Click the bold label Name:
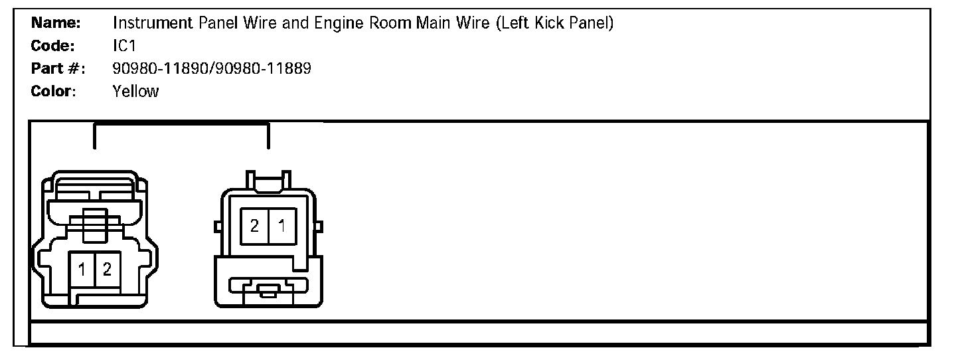56,23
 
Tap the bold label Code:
52,46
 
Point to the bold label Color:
54,91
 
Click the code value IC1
124,46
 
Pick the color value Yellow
136,91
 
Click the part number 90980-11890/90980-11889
212,68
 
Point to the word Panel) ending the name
592,23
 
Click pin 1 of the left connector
82,270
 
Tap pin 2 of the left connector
107,270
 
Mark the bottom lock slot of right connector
268,290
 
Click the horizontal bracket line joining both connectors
181,124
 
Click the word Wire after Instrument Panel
243,23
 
